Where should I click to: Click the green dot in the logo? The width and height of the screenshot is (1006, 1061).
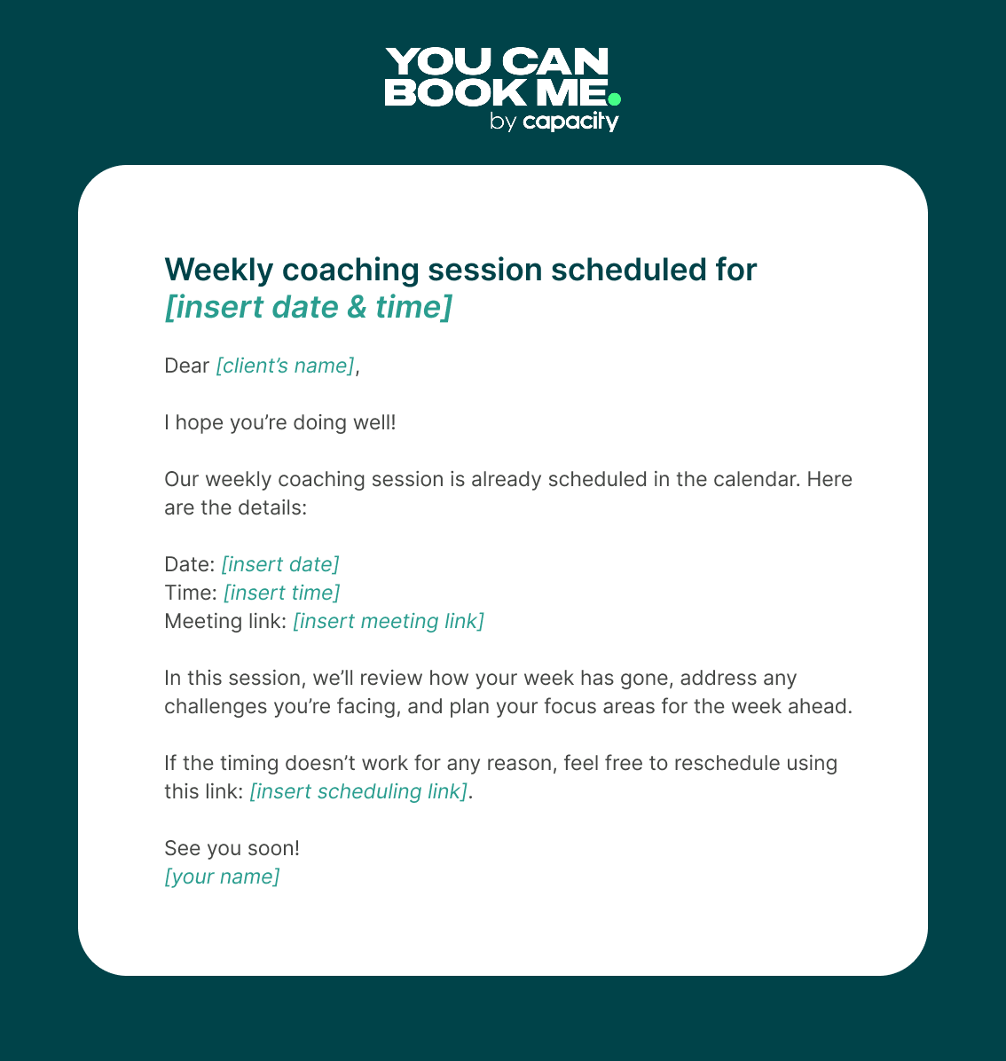pos(614,98)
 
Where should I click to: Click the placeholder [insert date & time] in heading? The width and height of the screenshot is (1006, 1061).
pos(308,307)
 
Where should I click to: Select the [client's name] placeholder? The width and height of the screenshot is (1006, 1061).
pos(285,365)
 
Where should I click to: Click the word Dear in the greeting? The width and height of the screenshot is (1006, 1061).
pos(186,365)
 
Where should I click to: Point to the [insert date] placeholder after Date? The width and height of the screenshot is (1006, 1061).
pos(280,564)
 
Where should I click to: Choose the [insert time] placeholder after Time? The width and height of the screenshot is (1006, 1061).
pos(281,593)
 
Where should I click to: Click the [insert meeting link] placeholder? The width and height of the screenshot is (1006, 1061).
pos(389,621)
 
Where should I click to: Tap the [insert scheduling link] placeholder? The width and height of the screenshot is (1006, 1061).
pos(358,791)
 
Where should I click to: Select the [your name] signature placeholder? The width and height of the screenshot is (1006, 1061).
pos(222,876)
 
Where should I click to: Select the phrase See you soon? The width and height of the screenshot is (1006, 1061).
pos(232,848)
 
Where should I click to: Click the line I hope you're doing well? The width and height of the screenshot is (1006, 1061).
pos(279,422)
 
